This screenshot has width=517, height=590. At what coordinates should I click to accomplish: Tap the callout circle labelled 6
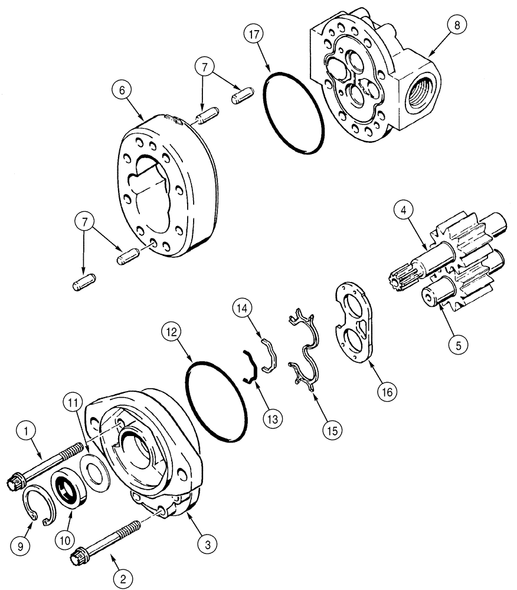(120, 91)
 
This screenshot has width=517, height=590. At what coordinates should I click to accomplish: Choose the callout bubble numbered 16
(387, 390)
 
